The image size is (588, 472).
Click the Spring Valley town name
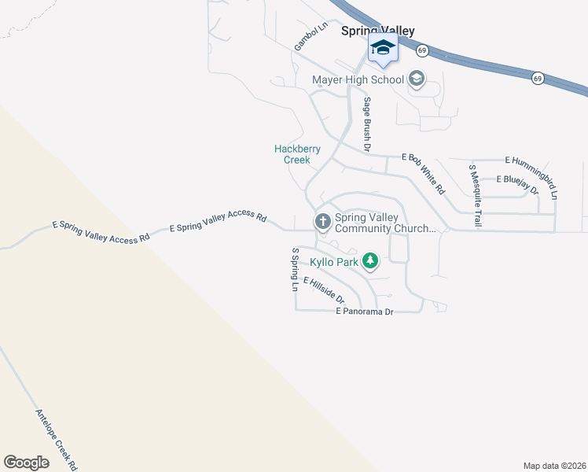tap(377, 31)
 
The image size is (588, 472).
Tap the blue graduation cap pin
tap(383, 49)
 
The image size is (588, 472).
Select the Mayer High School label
tap(358, 79)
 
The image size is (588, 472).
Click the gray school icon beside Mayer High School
tap(417, 79)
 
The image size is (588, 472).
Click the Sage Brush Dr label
tap(366, 124)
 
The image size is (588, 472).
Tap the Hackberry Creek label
tap(297, 154)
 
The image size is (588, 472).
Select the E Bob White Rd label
tap(424, 173)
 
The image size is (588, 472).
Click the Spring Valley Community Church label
tap(384, 223)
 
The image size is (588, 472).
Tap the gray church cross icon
tap(322, 222)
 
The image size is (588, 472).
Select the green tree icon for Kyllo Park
tap(370, 261)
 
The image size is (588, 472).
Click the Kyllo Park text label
tap(334, 261)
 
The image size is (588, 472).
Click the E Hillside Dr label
tap(322, 290)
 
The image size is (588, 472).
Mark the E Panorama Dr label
tap(364, 312)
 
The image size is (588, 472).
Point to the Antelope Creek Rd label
tap(57, 439)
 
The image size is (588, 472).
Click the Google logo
tap(26, 463)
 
